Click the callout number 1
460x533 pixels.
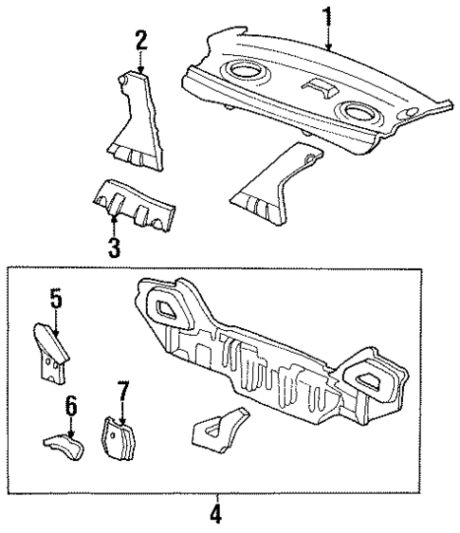pos(328,17)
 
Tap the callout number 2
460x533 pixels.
pos(140,40)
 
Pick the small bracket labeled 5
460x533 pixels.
pos(53,348)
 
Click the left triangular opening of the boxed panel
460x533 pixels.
pos(167,305)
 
